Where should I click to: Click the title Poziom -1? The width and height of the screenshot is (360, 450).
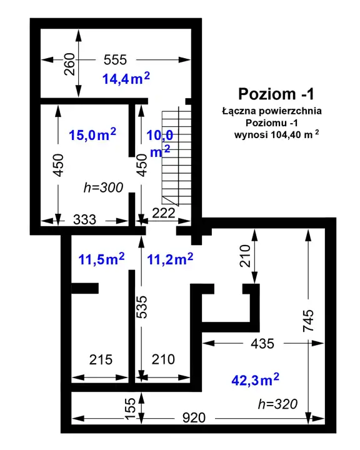point(276,94)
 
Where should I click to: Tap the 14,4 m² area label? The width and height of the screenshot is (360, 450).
point(126,78)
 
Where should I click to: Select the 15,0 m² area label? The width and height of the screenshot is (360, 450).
point(92,134)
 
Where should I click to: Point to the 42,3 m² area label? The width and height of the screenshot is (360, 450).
point(255,380)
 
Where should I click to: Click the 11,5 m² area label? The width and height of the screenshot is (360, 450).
point(102,259)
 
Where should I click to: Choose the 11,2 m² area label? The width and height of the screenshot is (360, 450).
point(170,259)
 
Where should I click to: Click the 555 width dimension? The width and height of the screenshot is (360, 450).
point(115,60)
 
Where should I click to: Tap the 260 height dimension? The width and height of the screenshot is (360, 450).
point(70,64)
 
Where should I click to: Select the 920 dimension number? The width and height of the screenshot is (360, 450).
point(194,418)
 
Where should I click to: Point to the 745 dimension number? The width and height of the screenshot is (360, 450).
point(309,321)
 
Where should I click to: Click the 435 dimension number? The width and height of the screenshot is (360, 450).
point(262,344)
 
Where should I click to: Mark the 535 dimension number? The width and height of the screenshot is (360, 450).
point(141,307)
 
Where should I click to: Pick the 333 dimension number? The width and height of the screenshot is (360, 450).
point(85,220)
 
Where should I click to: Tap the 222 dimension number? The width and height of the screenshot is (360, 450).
point(164,213)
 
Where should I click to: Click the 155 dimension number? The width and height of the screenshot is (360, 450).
point(130,409)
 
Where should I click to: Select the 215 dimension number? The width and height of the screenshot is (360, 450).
point(101,359)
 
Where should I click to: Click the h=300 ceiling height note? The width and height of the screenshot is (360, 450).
point(103,187)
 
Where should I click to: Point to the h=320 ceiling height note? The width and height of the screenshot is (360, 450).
point(277,404)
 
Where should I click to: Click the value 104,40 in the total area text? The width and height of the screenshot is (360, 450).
point(285,134)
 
